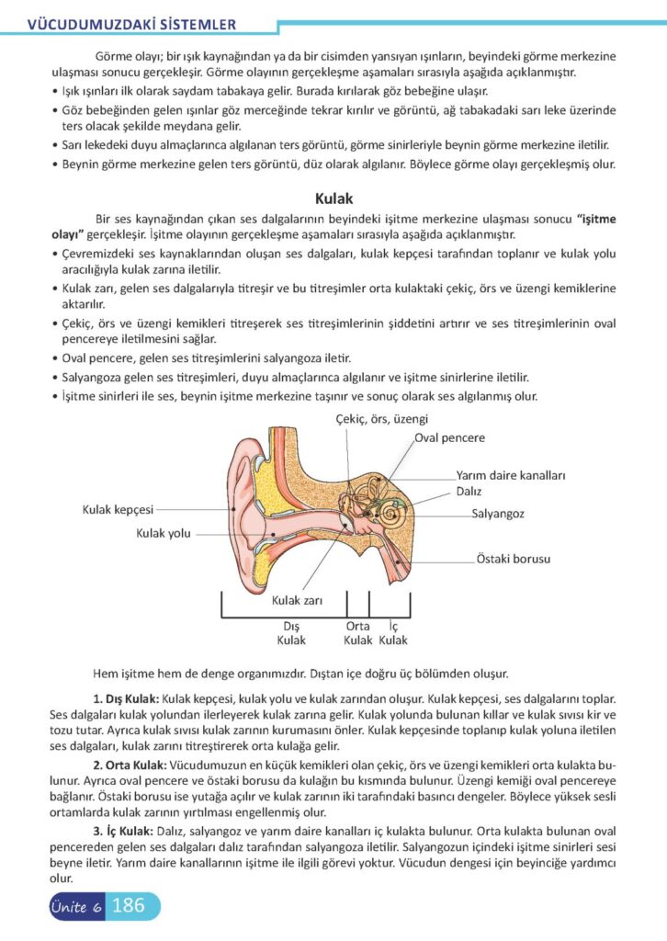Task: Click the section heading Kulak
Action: tap(333, 197)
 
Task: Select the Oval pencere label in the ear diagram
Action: tap(449, 438)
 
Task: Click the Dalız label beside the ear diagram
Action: tap(469, 491)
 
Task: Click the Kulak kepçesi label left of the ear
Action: tap(118, 508)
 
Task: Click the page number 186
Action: tap(128, 905)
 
